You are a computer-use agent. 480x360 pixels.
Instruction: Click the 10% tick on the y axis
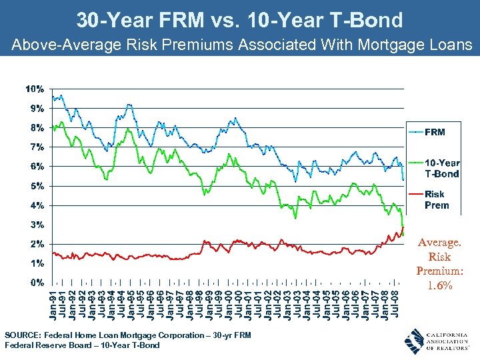(x=35, y=89)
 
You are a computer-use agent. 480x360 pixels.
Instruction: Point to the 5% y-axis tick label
(x=37, y=185)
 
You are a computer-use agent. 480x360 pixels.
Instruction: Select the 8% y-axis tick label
(x=37, y=127)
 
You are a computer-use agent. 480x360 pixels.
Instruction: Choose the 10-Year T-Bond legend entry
(x=442, y=168)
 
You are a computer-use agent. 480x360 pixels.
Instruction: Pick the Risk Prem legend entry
(x=437, y=199)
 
